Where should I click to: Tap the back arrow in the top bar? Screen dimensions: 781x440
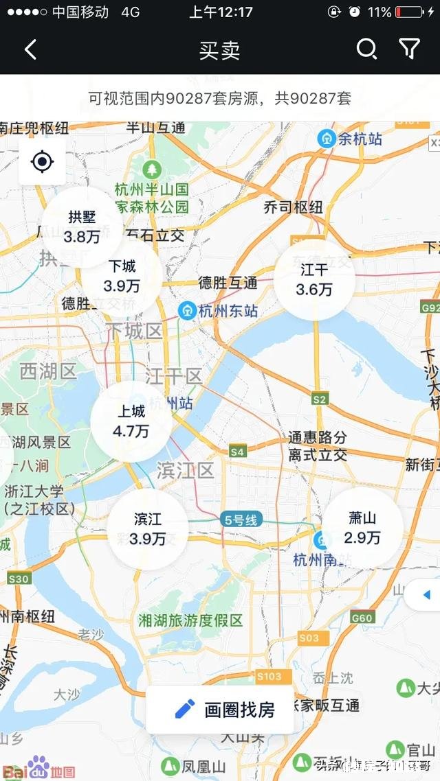(30, 49)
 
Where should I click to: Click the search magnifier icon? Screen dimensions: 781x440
(366, 49)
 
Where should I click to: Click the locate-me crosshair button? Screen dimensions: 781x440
(42, 162)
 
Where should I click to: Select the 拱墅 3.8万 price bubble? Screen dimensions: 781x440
(82, 227)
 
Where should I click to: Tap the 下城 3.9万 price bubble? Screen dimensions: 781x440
(122, 276)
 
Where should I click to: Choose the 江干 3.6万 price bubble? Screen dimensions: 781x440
(314, 280)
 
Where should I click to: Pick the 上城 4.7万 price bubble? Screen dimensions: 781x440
(131, 421)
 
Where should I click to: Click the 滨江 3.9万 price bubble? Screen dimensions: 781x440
(147, 529)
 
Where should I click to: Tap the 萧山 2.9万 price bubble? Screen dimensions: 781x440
(362, 528)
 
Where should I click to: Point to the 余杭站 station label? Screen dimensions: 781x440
(351, 139)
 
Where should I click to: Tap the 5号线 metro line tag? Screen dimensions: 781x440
(240, 520)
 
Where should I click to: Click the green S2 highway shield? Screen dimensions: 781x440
(319, 399)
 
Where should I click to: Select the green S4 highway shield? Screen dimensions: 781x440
(237, 452)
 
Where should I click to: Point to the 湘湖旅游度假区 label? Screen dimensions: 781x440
(190, 620)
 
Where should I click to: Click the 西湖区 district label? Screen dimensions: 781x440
(48, 372)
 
